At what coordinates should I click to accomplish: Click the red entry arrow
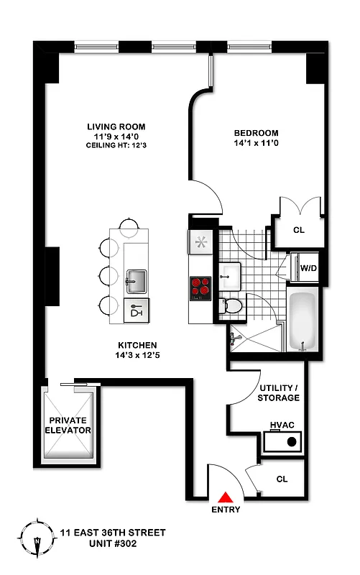(226, 497)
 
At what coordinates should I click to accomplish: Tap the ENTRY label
(226, 510)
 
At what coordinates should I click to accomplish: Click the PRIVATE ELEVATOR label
(70, 425)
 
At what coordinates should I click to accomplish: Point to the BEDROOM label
(256, 133)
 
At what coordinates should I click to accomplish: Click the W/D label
(308, 268)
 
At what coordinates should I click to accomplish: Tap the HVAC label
(283, 425)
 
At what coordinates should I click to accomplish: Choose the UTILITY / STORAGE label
(279, 392)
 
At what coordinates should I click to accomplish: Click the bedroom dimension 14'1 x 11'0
(256, 144)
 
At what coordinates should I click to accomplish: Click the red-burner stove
(200, 288)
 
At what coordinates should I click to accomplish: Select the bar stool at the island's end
(129, 227)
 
